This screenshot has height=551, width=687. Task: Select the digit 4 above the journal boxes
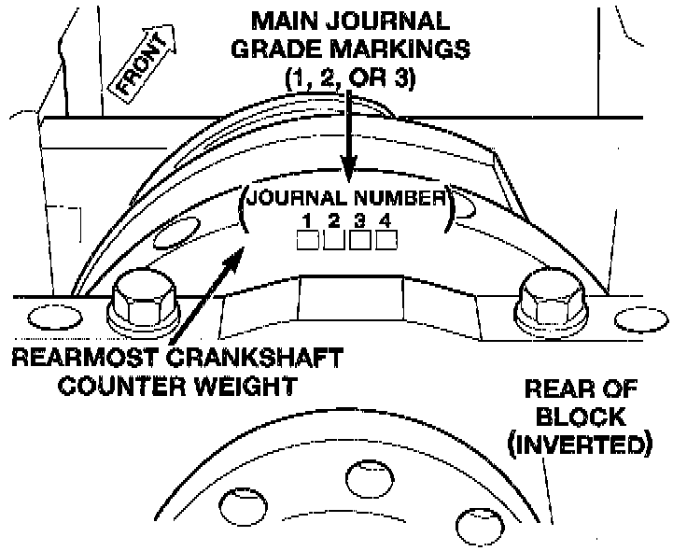384,221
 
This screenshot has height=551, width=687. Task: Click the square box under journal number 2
334,240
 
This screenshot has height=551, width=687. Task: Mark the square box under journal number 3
359,240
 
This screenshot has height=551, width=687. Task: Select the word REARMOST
85,358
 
